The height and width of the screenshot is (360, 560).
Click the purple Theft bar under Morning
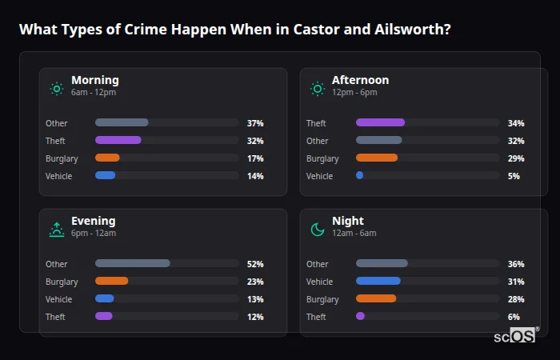click(118, 141)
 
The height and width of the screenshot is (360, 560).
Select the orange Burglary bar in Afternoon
click(377, 158)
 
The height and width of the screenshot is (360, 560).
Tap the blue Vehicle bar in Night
click(378, 282)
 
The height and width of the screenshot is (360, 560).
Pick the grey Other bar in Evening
click(133, 264)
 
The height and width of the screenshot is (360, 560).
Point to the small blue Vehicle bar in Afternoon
click(360, 176)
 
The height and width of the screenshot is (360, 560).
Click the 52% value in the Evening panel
click(255, 264)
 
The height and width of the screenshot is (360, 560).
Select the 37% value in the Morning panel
click(255, 123)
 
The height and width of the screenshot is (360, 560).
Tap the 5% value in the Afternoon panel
click(514, 176)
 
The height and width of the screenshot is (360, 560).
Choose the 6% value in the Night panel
click(514, 317)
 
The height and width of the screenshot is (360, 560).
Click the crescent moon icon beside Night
click(318, 230)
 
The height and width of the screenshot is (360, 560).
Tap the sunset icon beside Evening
click(57, 230)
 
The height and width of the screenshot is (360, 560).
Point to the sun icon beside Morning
click(57, 89)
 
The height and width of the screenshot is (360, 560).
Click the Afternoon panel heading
click(360, 80)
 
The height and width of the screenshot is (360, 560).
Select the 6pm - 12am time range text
click(94, 234)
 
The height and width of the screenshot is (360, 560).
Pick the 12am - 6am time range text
click(354, 234)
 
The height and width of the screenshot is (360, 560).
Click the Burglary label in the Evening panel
click(62, 282)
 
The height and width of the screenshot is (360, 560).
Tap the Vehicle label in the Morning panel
click(59, 176)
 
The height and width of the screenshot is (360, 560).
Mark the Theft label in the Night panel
click(316, 317)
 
